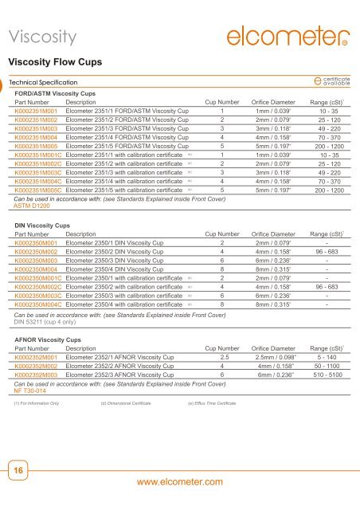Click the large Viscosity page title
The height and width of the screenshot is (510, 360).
(x=48, y=36)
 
